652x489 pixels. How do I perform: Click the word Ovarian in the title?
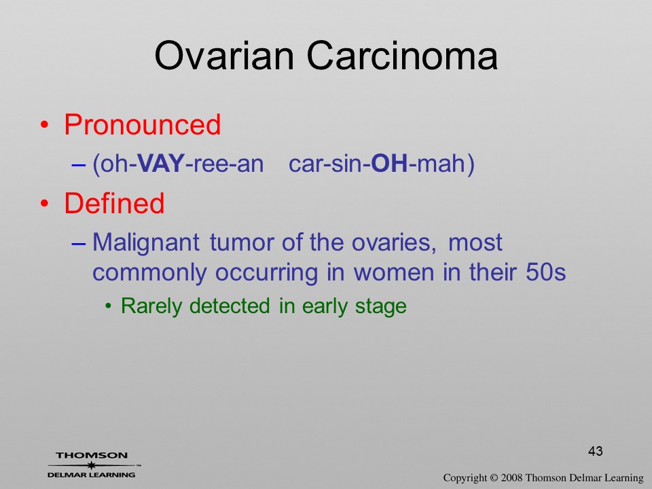point(224,56)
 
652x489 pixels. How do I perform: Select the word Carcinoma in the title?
point(402,56)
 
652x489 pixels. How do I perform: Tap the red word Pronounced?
point(142,124)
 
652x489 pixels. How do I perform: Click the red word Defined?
point(114,203)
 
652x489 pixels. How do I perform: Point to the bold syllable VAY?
point(160,163)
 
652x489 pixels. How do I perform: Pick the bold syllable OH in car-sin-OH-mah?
point(389,163)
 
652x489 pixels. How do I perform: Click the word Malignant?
point(146,243)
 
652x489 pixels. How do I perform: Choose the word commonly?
point(149,274)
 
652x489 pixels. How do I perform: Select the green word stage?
point(380,307)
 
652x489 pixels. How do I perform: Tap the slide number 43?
point(596,451)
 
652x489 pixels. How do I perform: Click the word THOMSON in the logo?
point(92,455)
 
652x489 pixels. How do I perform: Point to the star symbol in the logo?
point(92,465)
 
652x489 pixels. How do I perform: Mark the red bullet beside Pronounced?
point(44,125)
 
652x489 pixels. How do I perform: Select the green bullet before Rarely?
point(108,307)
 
